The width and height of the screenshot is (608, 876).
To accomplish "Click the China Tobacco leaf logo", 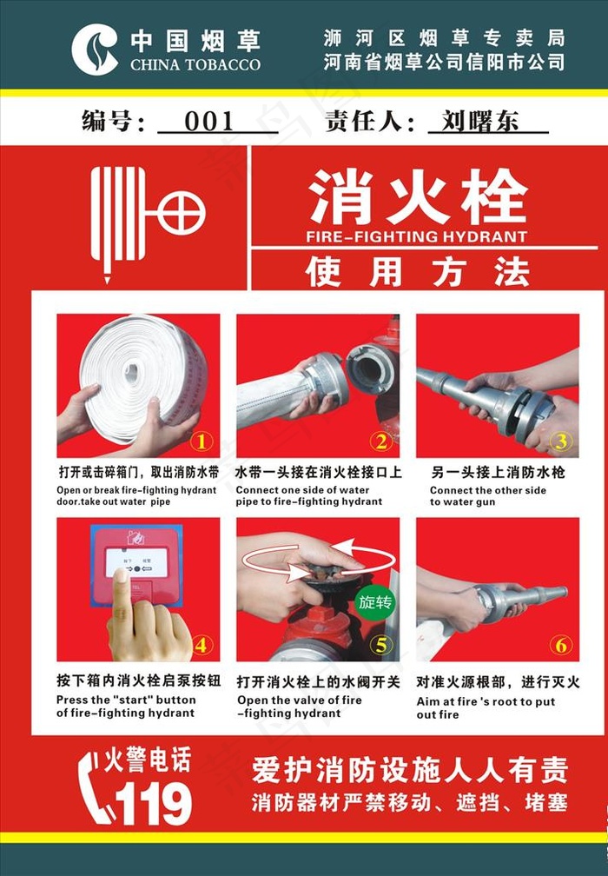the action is pyautogui.click(x=95, y=49).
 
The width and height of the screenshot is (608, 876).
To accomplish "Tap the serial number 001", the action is pyautogui.click(x=209, y=122).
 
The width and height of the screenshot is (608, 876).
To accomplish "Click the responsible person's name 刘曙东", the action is pyautogui.click(x=480, y=121).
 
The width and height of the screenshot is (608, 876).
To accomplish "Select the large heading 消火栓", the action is pyautogui.click(x=418, y=196).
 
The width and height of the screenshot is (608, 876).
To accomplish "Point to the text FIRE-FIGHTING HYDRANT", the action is pyautogui.click(x=417, y=236).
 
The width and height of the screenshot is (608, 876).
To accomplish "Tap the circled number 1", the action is pyautogui.click(x=202, y=441).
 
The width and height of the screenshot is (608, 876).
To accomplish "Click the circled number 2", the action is pyautogui.click(x=381, y=441).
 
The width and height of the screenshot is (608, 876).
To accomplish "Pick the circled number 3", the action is pyautogui.click(x=561, y=441).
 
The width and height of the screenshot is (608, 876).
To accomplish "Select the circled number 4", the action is pyautogui.click(x=202, y=645).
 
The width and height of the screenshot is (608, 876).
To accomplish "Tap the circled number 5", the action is pyautogui.click(x=381, y=645).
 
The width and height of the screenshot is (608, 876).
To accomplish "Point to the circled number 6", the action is pyautogui.click(x=561, y=645).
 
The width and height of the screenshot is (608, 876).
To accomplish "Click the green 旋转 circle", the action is pyautogui.click(x=375, y=602).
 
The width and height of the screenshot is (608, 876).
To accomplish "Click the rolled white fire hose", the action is pyautogui.click(x=143, y=375).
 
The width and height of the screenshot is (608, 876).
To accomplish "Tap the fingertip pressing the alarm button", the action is pyautogui.click(x=120, y=576).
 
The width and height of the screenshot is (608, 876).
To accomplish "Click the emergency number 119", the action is pyautogui.click(x=154, y=803).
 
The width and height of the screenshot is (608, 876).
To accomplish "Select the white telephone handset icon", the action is pyautogui.click(x=93, y=788).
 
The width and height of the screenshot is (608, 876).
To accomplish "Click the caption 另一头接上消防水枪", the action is pyautogui.click(x=498, y=473).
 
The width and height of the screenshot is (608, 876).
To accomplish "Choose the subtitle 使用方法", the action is pyautogui.click(x=417, y=271).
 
